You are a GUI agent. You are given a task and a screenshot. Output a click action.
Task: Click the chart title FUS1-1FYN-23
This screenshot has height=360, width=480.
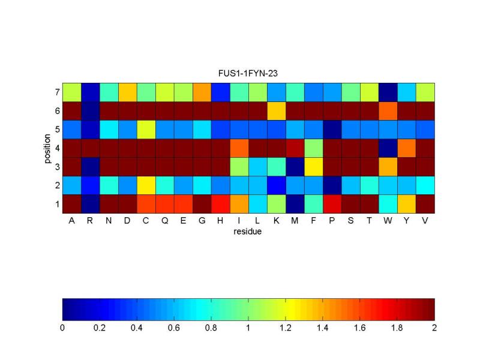(x=248, y=73)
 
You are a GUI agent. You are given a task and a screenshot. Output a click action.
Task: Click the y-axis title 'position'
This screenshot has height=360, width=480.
(x=48, y=148)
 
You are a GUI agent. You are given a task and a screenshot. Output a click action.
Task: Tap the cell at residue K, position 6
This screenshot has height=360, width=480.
(x=276, y=111)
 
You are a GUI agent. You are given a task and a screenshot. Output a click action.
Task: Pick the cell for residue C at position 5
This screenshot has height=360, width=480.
(x=146, y=130)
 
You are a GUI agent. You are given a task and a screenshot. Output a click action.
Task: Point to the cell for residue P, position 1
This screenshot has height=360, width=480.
(x=332, y=204)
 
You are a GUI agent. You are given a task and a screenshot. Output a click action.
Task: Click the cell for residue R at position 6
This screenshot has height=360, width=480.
(x=90, y=111)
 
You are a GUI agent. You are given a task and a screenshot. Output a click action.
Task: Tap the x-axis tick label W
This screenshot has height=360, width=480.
(x=388, y=221)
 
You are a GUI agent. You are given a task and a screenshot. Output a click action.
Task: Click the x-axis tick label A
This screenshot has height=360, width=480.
(x=71, y=221)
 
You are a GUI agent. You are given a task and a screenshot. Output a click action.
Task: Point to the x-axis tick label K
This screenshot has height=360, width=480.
(x=276, y=221)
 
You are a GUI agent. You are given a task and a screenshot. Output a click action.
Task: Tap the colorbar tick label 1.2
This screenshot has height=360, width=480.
(x=286, y=328)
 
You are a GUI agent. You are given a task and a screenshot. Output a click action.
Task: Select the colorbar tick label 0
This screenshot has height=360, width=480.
(x=62, y=328)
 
